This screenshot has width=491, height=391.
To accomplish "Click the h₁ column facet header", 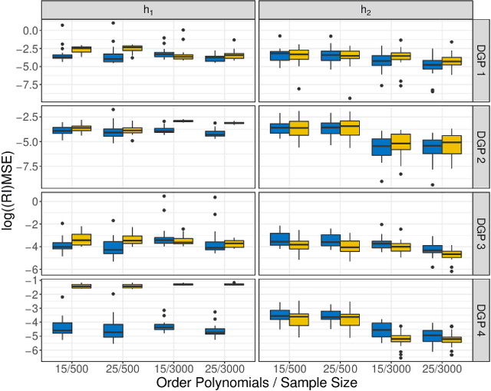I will [147, 10].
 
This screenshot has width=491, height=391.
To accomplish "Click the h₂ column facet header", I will [365, 10].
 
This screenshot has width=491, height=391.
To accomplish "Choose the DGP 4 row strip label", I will [481, 318].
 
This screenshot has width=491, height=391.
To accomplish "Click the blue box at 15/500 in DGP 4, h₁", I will [62, 327].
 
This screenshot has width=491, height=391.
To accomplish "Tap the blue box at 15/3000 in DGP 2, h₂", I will [382, 146].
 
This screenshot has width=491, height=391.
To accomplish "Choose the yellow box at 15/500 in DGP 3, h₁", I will [81, 239].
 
